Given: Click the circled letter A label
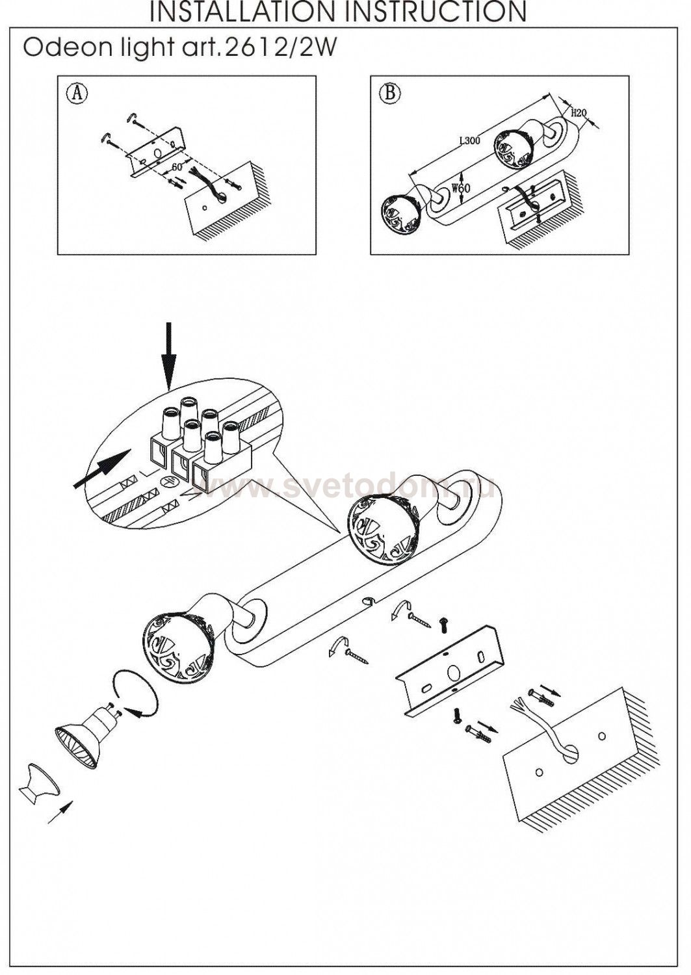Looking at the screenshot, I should pos(77,94).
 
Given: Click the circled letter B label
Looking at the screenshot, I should pos(390,94).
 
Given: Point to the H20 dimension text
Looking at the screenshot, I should pos(578,112).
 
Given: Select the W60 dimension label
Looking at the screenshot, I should pos(461,190).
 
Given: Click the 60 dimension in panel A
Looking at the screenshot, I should pos(176,167).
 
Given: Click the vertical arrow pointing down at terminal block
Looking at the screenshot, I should pos(169,354).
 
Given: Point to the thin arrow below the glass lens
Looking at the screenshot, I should pos(60,812).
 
